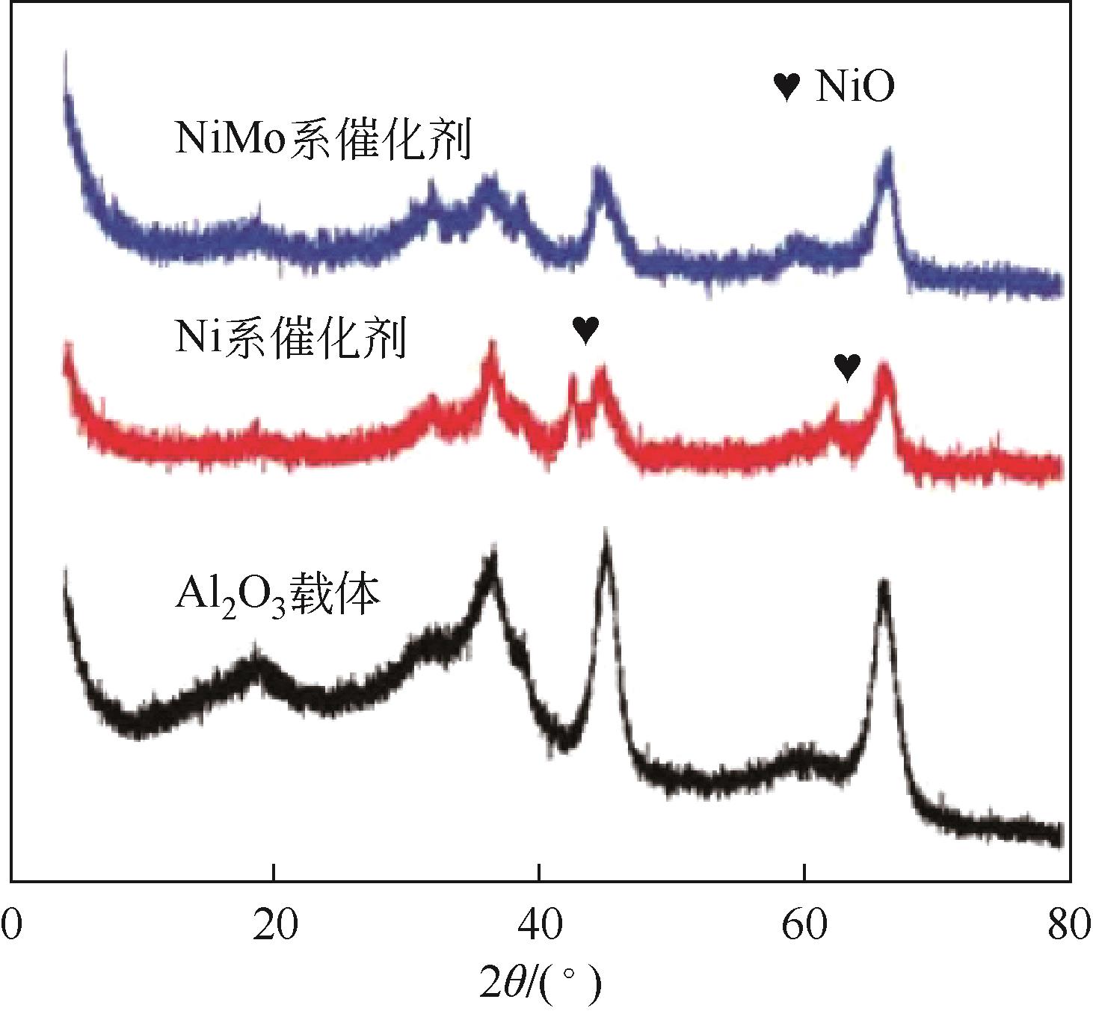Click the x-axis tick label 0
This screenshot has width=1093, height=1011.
pos(12,925)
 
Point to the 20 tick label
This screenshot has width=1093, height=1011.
pos(275,925)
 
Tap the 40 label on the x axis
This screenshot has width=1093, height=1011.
pos(539,925)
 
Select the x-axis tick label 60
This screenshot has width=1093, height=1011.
pos(803,925)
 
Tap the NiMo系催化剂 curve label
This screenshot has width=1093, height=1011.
pos(323,139)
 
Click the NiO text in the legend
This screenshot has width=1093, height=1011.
pos(855,87)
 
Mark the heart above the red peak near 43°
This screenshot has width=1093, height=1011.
pos(585,329)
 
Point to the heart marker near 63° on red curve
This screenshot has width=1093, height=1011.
pos(847,367)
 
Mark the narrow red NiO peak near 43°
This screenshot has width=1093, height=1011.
pos(573,378)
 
